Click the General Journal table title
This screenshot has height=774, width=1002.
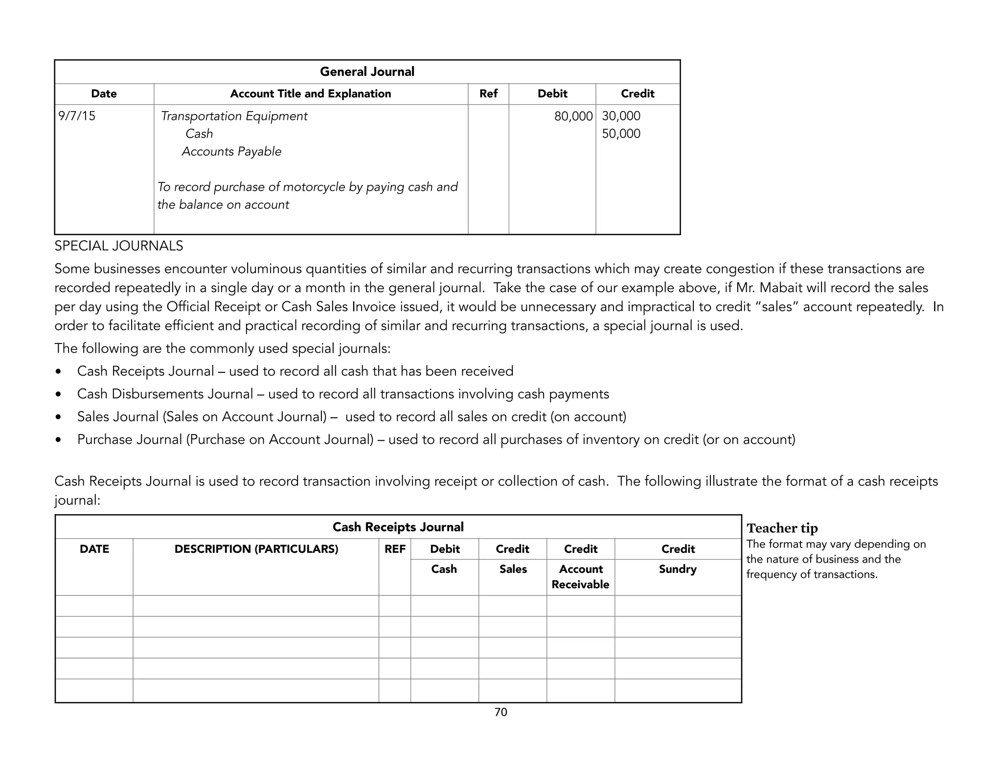[367, 72]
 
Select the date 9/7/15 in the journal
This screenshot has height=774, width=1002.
[77, 116]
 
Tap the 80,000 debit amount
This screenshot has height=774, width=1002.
[573, 116]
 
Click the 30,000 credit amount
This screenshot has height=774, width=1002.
[621, 116]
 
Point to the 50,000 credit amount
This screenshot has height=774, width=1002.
[621, 134]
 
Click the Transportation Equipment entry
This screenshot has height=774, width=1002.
[234, 116]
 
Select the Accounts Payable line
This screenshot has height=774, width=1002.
[231, 152]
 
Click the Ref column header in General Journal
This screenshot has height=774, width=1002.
[488, 94]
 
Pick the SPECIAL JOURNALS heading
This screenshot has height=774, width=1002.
[119, 246]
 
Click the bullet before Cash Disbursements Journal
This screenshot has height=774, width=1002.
[59, 394]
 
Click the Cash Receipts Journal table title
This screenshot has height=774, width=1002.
[398, 527]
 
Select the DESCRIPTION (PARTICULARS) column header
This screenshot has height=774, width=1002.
[256, 549]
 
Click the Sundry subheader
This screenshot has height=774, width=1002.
[678, 569]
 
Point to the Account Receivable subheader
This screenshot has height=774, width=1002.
[580, 576]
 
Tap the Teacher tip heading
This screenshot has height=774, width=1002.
[782, 528]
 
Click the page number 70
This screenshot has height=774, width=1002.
[501, 712]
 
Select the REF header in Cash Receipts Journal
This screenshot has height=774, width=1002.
[395, 549]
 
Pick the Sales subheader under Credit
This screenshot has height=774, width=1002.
[513, 569]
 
